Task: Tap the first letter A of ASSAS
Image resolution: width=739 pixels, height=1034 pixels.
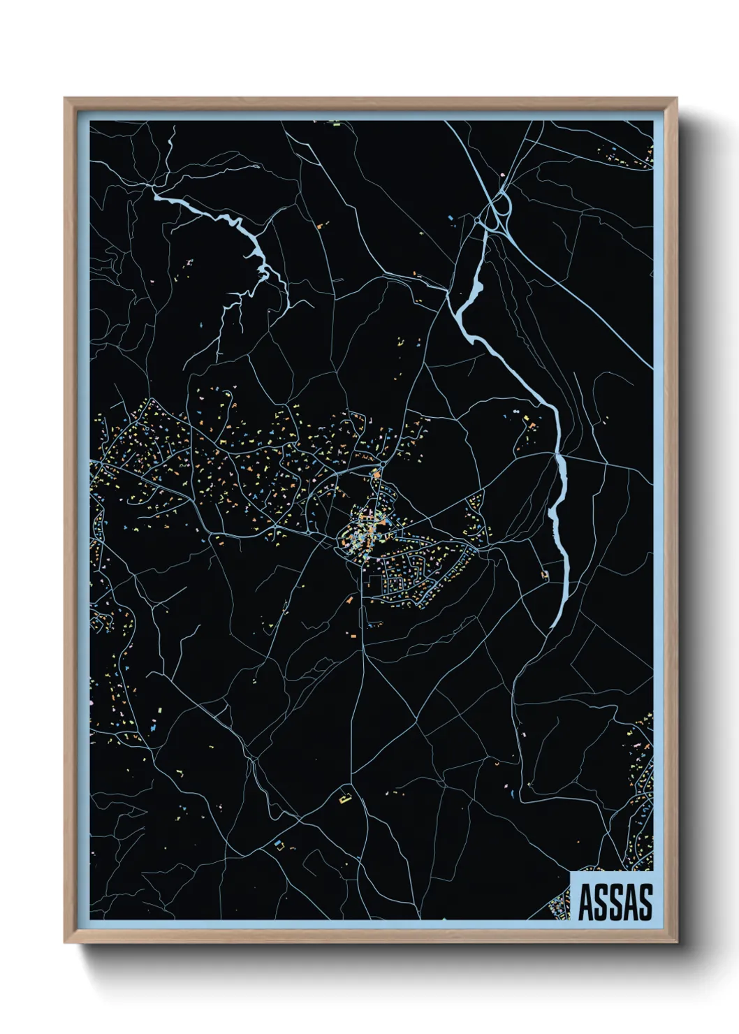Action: tap(586, 902)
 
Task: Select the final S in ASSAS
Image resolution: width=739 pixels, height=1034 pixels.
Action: tap(645, 902)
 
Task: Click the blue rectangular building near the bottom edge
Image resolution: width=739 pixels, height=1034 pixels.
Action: tap(279, 844)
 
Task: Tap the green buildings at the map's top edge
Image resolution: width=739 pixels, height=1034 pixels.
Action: tap(335, 124)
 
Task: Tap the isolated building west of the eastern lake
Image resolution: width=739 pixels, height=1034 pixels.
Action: tap(544, 575)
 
